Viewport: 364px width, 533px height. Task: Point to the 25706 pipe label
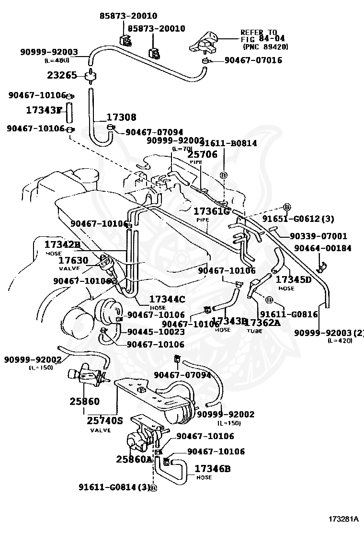(202, 154)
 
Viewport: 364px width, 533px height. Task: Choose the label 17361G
(212, 211)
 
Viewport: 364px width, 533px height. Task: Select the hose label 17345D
(294, 279)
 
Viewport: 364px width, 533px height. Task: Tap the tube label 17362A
(262, 323)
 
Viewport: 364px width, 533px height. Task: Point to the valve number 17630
(73, 260)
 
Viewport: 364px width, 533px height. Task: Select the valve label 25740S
(105, 421)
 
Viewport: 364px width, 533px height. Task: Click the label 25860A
(134, 459)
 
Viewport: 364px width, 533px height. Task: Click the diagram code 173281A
(343, 519)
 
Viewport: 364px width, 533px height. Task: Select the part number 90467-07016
(253, 60)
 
